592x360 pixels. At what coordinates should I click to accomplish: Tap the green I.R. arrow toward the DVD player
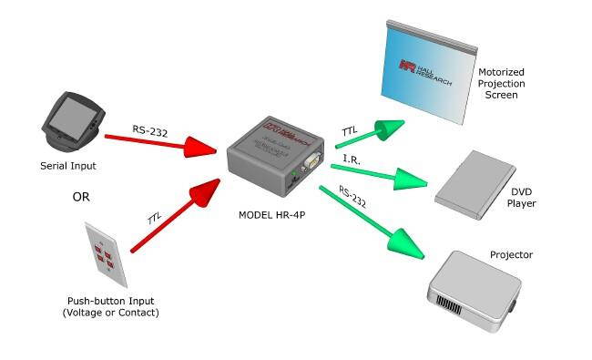[x=373, y=172]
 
